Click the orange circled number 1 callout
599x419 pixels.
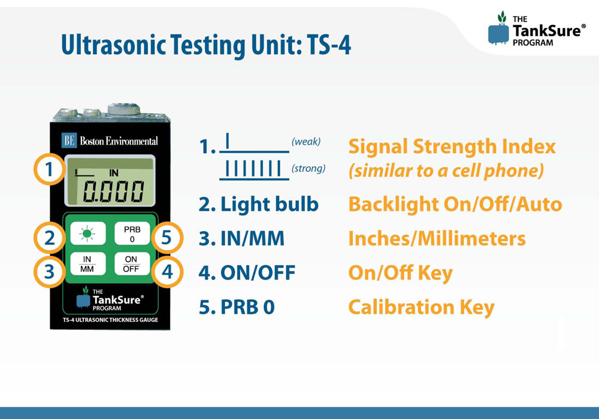click(49, 169)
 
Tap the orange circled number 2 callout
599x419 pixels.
click(50, 238)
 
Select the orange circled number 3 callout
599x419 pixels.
click(50, 272)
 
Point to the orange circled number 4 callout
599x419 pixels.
click(167, 272)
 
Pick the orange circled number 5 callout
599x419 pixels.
click(167, 238)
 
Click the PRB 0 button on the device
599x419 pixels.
click(132, 233)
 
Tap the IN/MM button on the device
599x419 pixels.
click(87, 264)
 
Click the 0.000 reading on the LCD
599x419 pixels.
click(113, 191)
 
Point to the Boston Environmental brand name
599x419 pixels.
click(119, 141)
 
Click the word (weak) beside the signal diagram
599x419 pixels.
click(306, 142)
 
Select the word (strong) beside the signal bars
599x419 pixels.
click(308, 168)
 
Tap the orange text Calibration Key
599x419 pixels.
click(421, 308)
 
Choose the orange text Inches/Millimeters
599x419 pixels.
click(437, 238)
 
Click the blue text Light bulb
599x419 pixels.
click(270, 205)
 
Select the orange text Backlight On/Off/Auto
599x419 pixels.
click(455, 205)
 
